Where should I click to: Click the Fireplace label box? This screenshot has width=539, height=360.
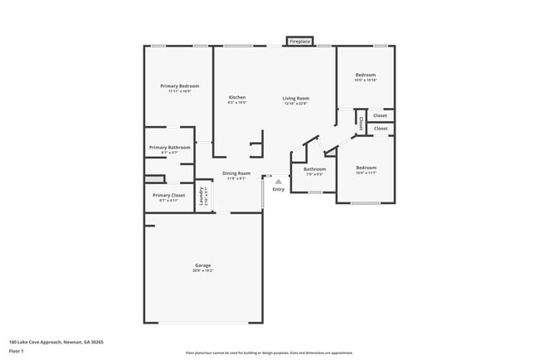point(299,41)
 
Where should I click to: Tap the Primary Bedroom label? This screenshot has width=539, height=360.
point(179,86)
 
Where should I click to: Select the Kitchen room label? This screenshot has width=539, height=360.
point(237,98)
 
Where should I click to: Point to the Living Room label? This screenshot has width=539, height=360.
point(296,98)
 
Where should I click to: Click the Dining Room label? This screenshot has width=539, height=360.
point(237,173)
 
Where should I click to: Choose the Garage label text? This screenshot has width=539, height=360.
point(203,265)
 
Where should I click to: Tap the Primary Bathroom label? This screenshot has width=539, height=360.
point(169,148)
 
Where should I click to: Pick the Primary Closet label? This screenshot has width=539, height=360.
point(168,195)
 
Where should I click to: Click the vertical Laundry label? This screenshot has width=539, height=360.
point(202,197)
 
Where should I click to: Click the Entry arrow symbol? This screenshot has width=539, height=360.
point(279,181)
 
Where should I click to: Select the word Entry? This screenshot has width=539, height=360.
point(279,190)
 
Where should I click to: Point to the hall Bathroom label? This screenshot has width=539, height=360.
point(314,169)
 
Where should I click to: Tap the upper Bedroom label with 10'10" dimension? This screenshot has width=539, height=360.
point(366,75)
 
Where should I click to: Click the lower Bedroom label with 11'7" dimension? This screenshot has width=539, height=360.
point(366,168)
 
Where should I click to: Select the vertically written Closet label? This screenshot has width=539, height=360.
point(362,123)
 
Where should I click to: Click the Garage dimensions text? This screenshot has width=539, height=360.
point(203,270)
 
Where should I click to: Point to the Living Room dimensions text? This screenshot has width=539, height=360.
point(296,104)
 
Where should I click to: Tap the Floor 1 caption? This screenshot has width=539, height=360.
point(16,351)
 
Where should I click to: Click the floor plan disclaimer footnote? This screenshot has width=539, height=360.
point(269,353)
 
